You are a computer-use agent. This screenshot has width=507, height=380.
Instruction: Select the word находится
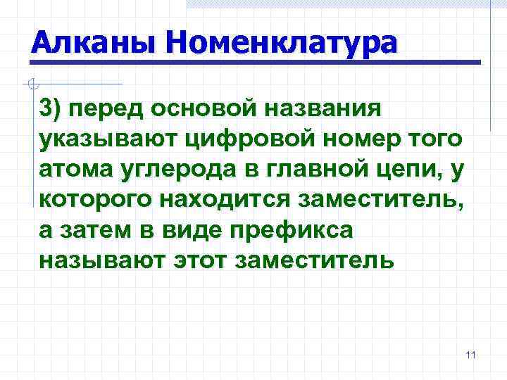(x=225, y=199)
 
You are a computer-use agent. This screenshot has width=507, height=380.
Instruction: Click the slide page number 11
(x=471, y=355)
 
